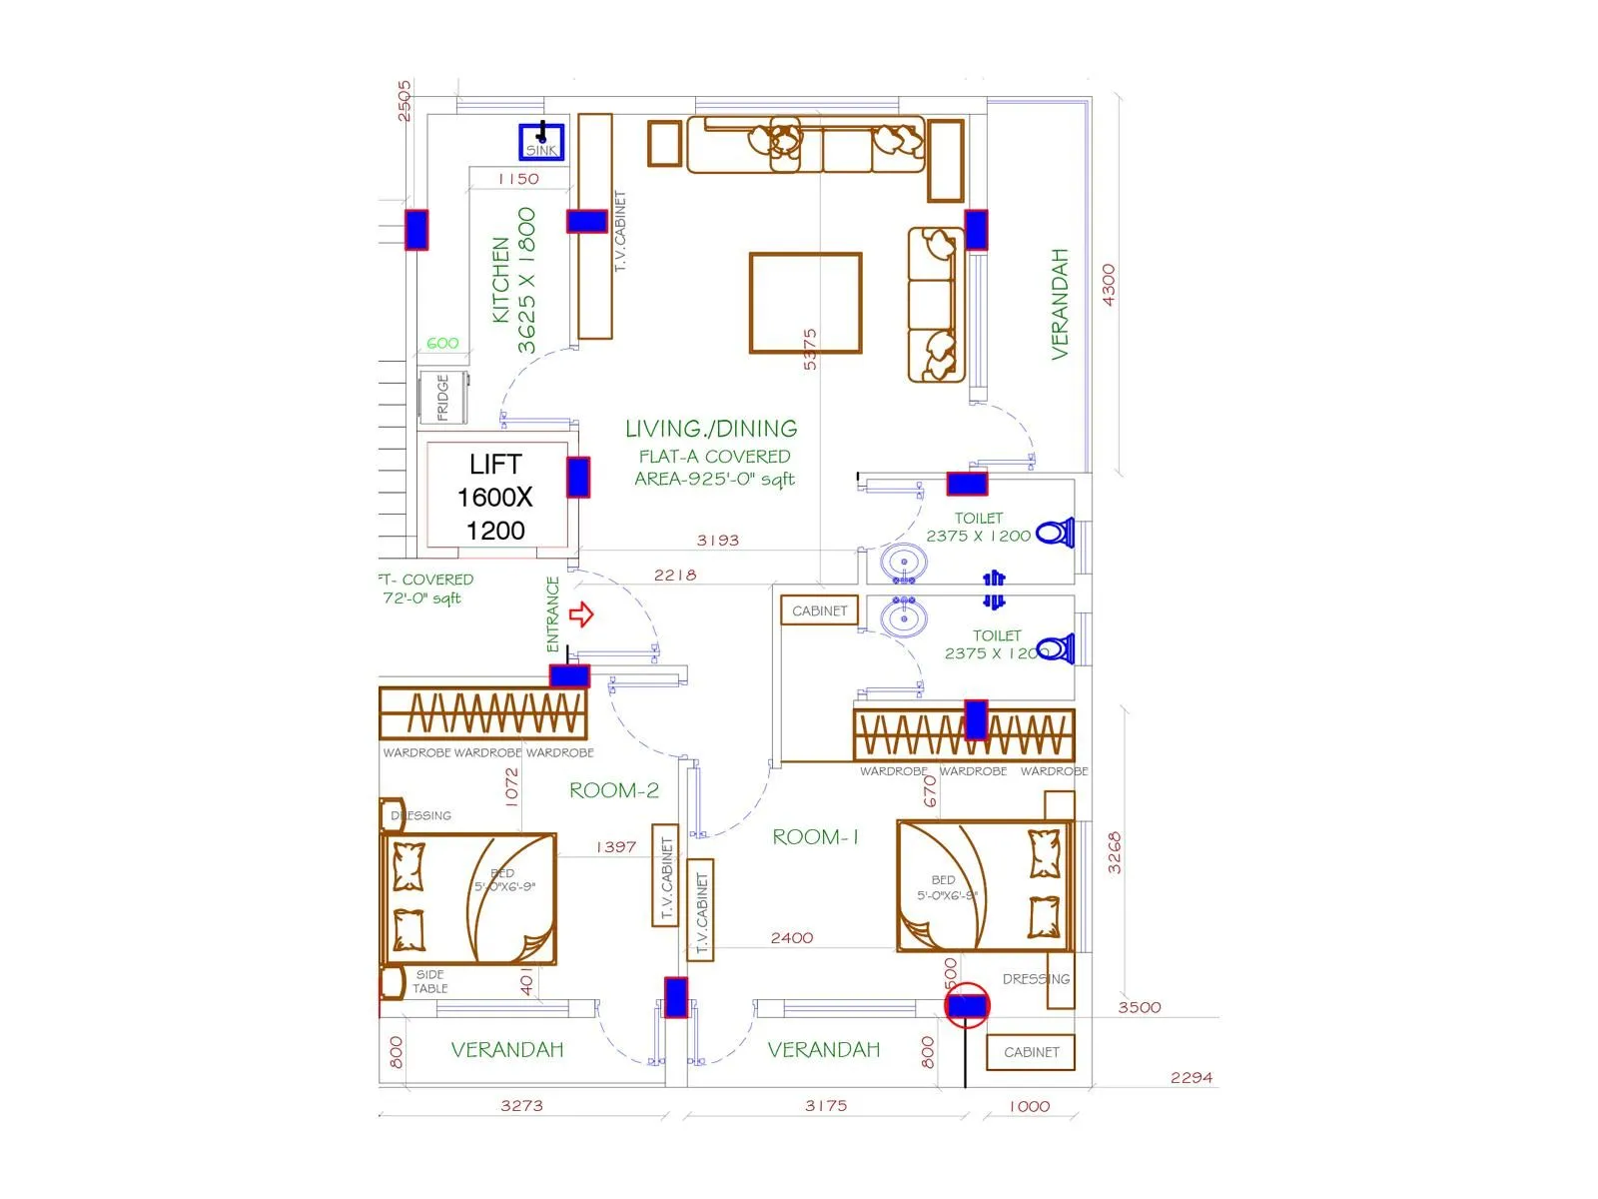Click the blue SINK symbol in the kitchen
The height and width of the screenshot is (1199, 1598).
(x=541, y=141)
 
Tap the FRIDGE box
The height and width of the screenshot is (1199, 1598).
(x=442, y=398)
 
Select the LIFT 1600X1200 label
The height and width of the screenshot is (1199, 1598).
(x=495, y=497)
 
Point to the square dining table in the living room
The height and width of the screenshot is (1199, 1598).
(x=805, y=303)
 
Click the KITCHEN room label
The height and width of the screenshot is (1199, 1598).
(x=501, y=279)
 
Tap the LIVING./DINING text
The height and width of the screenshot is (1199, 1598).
(x=711, y=429)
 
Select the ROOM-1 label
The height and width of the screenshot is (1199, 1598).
(x=815, y=837)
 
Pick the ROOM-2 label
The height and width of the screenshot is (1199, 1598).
(x=614, y=790)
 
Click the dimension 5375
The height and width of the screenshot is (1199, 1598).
(x=810, y=349)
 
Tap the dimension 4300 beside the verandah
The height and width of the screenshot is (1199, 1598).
(x=1108, y=285)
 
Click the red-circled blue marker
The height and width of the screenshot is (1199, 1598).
(x=967, y=1006)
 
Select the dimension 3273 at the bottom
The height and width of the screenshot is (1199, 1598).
(x=521, y=1105)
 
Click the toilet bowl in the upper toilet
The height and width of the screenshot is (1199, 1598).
(x=1055, y=533)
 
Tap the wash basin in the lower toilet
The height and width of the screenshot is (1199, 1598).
(x=904, y=616)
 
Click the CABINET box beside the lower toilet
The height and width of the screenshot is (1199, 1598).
(x=819, y=610)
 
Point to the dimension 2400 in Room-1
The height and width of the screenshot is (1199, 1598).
(x=791, y=937)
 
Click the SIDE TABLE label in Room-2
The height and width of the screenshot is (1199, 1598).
(x=430, y=981)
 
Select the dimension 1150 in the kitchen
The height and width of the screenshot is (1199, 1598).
(x=518, y=179)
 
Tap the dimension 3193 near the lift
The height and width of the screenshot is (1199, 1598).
(x=717, y=541)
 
